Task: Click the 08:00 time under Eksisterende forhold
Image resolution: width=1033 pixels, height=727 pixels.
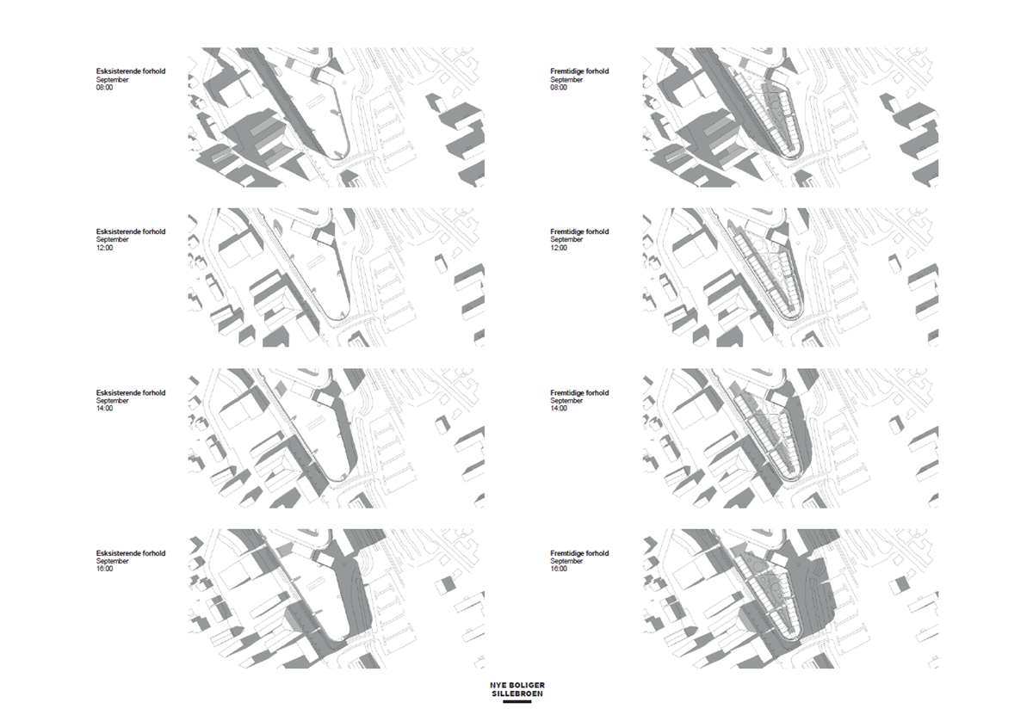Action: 104,88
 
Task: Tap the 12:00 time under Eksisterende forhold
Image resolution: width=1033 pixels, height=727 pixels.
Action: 104,248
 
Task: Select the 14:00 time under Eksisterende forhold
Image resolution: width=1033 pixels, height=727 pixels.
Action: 104,409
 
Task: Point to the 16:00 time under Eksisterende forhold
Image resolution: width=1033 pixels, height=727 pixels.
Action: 104,569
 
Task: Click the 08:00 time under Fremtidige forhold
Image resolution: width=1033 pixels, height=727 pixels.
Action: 559,88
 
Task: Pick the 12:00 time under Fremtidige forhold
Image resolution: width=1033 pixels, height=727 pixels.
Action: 559,248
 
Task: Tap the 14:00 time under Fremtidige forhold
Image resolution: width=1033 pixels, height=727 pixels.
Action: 559,409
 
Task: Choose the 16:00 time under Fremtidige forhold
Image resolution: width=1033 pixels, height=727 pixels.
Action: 559,569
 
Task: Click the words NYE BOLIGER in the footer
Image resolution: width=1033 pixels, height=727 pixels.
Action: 516,685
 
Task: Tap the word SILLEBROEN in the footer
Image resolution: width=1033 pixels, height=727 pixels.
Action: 516,693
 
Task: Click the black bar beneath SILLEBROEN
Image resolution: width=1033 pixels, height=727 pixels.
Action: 516,702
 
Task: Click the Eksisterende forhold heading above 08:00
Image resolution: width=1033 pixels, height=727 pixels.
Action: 131,71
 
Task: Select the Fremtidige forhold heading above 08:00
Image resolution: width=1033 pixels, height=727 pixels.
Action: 579,71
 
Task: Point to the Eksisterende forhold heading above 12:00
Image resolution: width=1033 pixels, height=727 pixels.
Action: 131,231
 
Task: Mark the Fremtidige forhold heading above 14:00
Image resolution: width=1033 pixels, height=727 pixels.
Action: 579,393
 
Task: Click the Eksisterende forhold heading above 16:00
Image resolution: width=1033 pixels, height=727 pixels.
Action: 131,553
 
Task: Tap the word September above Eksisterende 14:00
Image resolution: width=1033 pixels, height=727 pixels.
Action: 113,401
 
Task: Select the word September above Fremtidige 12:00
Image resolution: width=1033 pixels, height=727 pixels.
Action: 567,240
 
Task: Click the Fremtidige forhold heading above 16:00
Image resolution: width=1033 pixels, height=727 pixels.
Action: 579,553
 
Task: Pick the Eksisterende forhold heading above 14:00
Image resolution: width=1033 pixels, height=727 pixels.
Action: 131,393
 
